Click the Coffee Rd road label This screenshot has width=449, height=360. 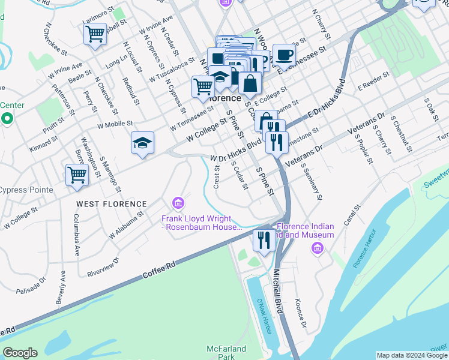tap(159, 271)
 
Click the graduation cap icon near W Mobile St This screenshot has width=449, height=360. tap(142, 143)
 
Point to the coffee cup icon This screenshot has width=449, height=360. tap(284, 55)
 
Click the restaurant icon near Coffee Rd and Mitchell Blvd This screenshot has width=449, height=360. tap(264, 240)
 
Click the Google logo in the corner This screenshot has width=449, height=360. tap(20, 353)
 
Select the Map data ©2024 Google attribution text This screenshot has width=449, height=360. tap(411, 355)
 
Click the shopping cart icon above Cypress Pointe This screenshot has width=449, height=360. tap(77, 175)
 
